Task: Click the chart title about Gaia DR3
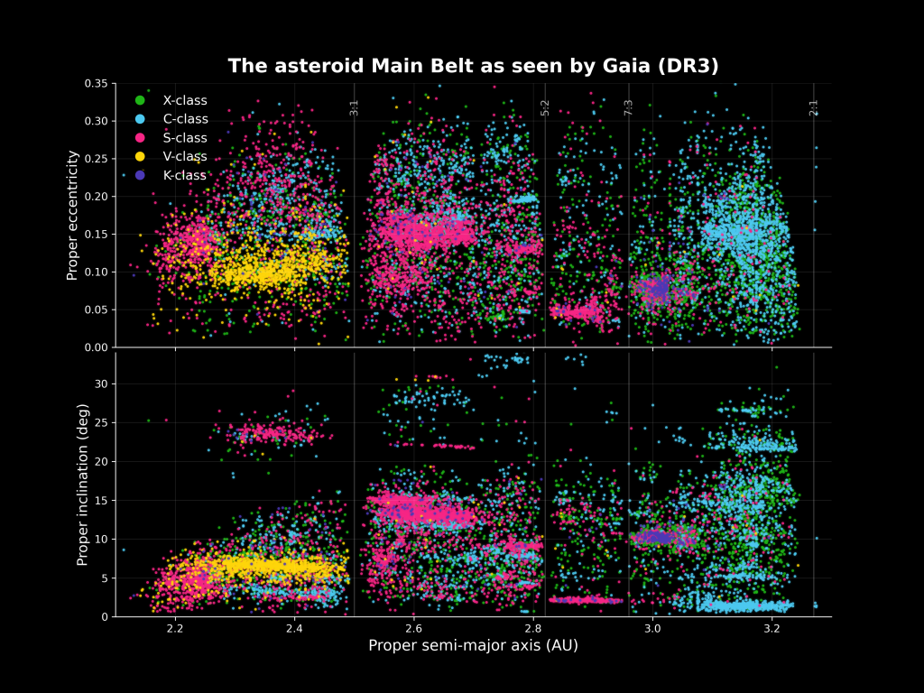click(x=473, y=66)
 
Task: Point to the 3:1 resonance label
click(x=355, y=107)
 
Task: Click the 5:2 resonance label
click(x=545, y=107)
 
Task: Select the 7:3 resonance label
click(x=629, y=107)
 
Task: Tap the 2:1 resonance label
click(x=814, y=107)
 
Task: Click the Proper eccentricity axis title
click(x=73, y=215)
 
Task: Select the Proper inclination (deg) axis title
click(x=82, y=485)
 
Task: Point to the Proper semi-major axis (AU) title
click(x=473, y=645)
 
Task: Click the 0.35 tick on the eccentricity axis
click(x=96, y=84)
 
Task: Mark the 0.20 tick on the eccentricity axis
click(x=96, y=197)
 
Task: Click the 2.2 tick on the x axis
click(x=175, y=628)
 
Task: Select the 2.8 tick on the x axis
click(x=533, y=628)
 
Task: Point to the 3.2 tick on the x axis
click(x=772, y=628)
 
